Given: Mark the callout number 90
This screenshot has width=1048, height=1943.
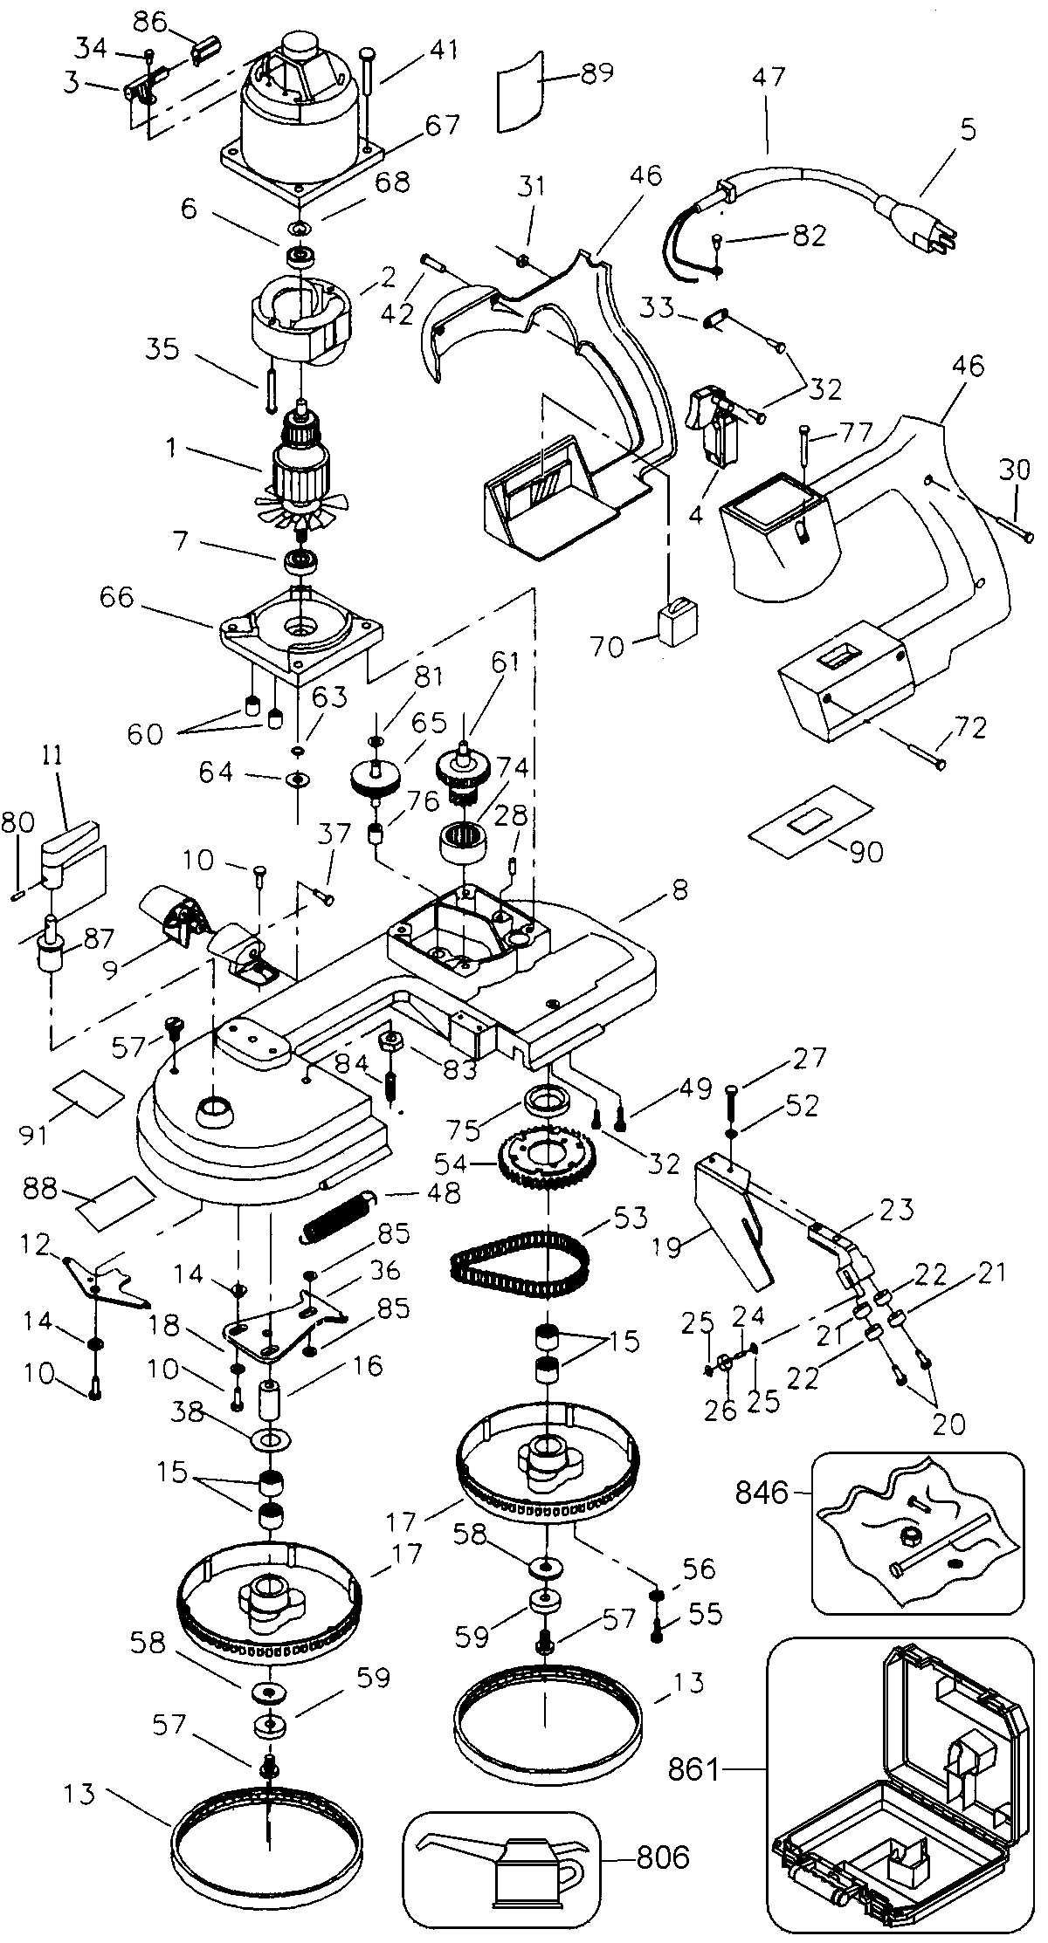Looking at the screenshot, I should click(864, 851).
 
